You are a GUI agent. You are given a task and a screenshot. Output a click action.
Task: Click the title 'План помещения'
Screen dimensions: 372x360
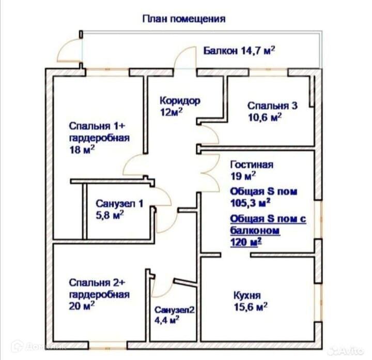click(x=184, y=19)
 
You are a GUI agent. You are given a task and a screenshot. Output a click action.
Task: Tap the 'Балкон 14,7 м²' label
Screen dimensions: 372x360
click(x=238, y=51)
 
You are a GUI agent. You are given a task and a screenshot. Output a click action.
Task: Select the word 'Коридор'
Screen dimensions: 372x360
click(x=179, y=100)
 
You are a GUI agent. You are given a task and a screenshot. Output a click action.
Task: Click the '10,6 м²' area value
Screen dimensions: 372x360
click(x=265, y=117)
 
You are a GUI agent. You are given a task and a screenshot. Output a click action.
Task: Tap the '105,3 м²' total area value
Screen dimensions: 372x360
click(x=251, y=202)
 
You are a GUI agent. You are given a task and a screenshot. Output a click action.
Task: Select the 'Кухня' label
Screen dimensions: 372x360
click(x=246, y=296)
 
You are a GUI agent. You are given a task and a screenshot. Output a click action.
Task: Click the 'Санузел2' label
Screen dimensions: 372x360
click(x=175, y=310)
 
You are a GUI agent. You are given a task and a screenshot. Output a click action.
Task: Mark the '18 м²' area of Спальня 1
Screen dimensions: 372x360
click(x=82, y=150)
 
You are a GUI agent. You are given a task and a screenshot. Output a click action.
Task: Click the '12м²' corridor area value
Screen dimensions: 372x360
click(x=172, y=111)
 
